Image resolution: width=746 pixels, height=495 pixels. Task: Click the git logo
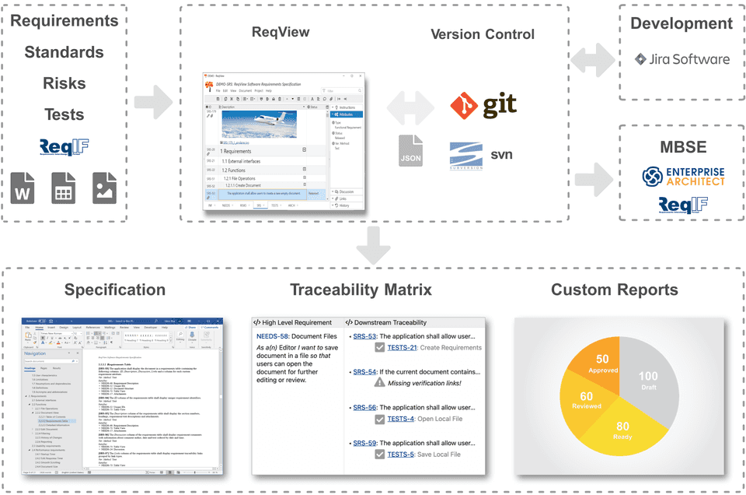(483, 104)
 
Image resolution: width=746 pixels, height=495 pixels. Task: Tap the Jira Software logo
(682, 59)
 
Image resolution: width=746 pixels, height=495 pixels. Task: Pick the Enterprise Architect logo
(683, 176)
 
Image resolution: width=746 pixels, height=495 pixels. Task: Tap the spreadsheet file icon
(64, 188)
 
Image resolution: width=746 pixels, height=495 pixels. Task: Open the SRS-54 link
(364, 372)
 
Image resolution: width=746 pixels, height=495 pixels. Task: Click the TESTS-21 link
(402, 348)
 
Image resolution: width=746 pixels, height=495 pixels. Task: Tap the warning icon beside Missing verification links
(379, 383)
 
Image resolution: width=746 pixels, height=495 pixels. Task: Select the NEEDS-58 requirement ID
(273, 335)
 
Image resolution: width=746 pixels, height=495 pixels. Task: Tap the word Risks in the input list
(64, 83)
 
